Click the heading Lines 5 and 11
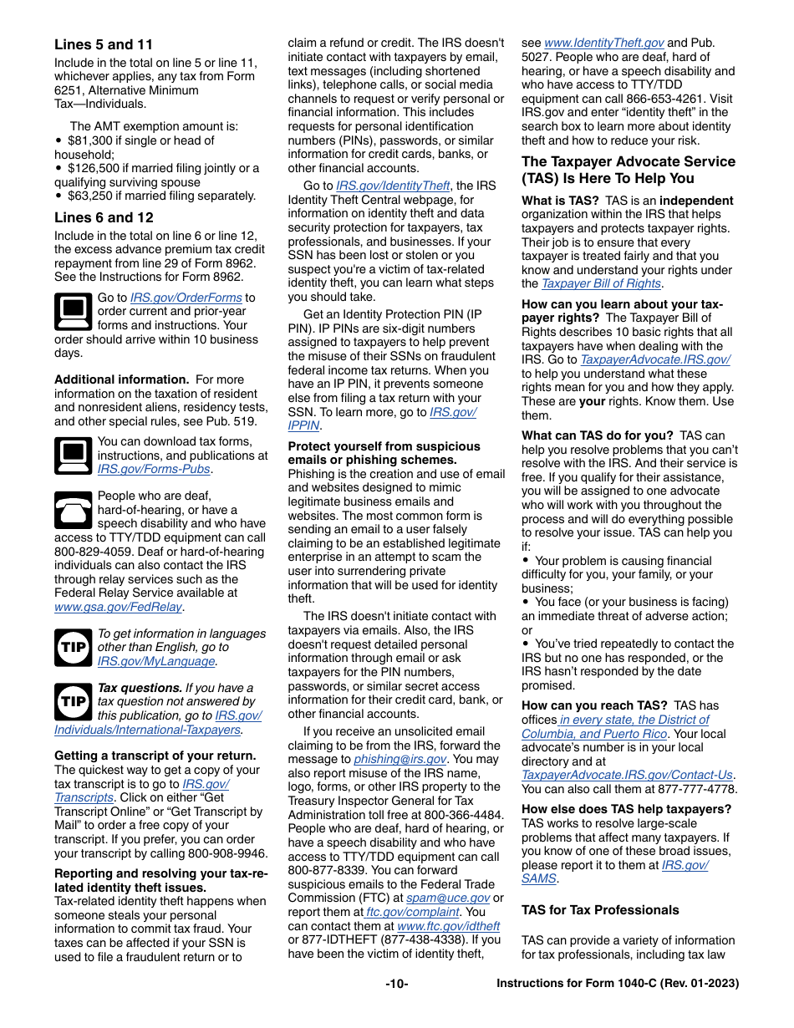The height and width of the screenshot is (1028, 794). coord(104,45)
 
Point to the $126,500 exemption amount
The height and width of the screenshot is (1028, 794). coord(96,168)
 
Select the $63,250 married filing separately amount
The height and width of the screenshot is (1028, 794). coord(93,196)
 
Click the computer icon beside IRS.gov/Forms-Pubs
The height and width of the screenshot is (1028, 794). coord(73,455)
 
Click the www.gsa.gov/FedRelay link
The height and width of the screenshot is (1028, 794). coord(119,607)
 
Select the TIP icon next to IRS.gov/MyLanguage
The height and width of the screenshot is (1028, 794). coord(73,648)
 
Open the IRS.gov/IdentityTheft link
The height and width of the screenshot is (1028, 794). coord(393,186)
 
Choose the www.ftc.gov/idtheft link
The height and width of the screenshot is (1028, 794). coord(448,926)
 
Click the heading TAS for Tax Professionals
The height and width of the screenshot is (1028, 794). coord(600,910)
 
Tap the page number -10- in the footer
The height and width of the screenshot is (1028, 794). coord(397,984)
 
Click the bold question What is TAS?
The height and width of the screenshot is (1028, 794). coord(560,201)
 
